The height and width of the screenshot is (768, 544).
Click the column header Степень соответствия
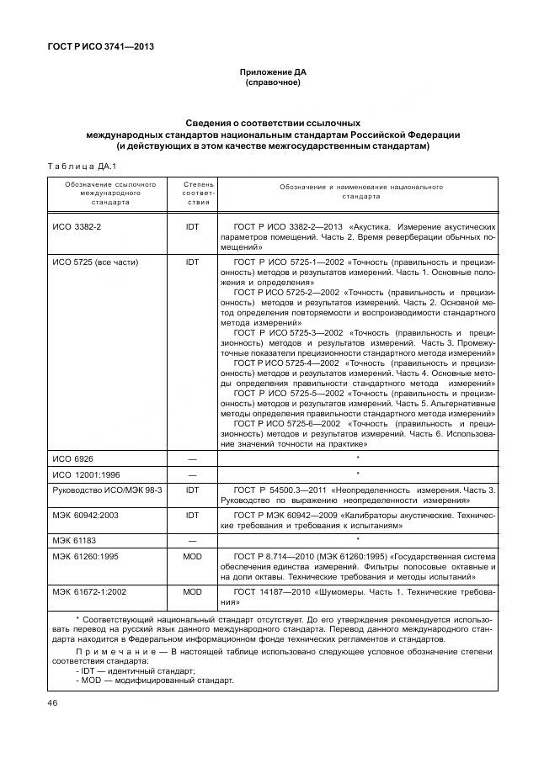(192, 192)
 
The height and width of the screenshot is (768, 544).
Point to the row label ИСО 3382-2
(77, 228)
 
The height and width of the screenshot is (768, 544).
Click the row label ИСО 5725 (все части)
(95, 262)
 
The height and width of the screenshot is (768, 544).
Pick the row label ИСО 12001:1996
(87, 474)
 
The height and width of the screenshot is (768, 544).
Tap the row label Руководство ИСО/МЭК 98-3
(107, 489)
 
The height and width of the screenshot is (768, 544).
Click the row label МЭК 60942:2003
(86, 514)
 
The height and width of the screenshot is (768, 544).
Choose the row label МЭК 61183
(72, 539)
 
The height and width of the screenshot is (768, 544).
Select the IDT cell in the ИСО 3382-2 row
(192, 228)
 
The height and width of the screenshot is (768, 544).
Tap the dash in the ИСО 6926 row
(192, 458)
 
